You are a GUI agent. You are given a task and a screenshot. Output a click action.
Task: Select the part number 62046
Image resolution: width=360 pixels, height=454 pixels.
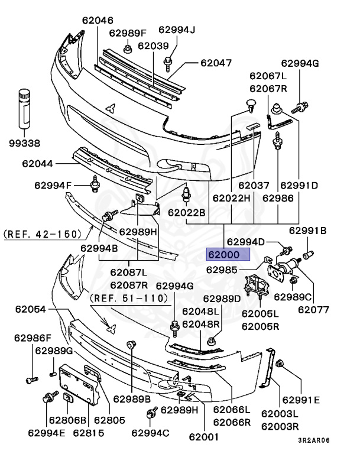point(98,20)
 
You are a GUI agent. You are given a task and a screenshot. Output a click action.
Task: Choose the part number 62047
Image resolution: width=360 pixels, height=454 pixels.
point(215,62)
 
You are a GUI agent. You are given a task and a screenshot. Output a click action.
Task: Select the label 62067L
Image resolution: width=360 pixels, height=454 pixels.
point(268,76)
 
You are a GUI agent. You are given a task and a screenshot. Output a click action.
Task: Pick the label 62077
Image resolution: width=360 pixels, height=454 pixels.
point(313,309)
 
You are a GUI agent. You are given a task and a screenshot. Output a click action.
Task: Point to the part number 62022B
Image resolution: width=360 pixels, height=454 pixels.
point(186,212)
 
